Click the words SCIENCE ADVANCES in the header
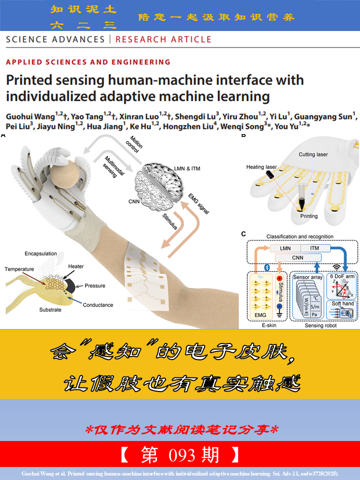55,39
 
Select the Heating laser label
261,167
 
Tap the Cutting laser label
313,154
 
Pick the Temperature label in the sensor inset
19,269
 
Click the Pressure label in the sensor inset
94,285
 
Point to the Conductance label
98,304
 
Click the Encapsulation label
41,253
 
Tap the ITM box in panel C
315,248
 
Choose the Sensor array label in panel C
308,276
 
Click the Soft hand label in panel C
342,303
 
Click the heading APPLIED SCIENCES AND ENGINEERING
88,62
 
